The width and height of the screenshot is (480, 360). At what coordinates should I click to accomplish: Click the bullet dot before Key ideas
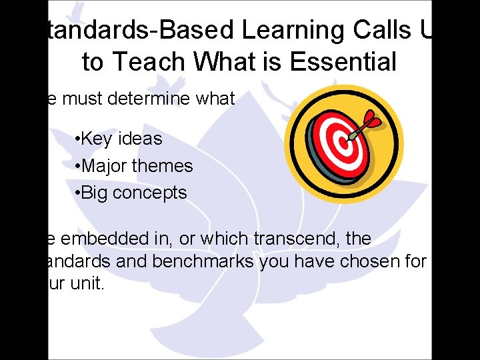(x=79, y=139)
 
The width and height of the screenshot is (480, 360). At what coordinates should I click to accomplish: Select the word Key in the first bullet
(x=98, y=139)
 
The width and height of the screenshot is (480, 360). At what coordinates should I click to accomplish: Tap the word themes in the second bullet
(x=163, y=165)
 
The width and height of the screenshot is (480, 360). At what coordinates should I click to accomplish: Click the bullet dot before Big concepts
(x=79, y=193)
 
